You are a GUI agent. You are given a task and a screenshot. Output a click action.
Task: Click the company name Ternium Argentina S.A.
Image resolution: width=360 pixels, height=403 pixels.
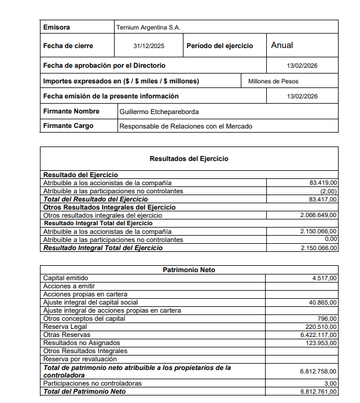coord(148,27)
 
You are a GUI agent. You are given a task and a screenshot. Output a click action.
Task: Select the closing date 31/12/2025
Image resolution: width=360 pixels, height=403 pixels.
coord(149,46)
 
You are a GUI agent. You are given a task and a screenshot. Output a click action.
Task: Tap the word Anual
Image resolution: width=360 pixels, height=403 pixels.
coord(282,45)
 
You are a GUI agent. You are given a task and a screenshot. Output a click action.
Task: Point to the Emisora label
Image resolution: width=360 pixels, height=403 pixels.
coord(57,27)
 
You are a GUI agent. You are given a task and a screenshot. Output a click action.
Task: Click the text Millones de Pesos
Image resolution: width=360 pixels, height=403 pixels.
coord(273,81)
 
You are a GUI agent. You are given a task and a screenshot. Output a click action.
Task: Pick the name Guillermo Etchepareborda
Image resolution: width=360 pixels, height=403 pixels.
coord(159,112)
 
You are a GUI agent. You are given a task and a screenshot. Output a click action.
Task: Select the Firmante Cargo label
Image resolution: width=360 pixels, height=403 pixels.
coord(68,126)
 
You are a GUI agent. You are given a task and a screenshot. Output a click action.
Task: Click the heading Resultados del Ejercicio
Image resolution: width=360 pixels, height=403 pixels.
coord(189,158)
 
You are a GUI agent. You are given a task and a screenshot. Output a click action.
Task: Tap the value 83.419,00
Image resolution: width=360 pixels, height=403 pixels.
coord(324,182)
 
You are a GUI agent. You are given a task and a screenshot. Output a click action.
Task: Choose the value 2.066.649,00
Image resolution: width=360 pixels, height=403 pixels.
coord(318,215)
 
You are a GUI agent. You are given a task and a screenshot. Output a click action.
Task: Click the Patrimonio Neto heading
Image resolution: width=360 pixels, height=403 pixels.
coord(189,270)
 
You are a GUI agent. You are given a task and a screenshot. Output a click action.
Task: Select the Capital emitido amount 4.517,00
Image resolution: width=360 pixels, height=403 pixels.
coord(325,278)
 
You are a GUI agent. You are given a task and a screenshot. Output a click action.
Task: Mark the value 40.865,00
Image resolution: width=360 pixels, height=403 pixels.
coord(324,302)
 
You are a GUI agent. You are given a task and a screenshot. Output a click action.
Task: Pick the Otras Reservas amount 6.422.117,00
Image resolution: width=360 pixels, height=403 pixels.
coord(318,335)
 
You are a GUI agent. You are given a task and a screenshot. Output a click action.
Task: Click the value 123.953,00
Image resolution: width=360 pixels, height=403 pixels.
coord(321,343)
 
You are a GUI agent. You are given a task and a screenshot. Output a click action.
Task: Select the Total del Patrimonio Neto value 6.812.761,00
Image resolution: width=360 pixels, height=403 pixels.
coord(318,391)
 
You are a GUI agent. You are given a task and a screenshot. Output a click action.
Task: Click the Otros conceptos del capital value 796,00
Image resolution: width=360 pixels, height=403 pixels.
coord(327,318)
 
